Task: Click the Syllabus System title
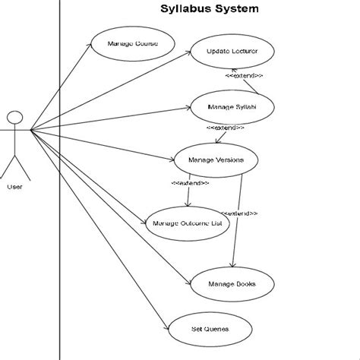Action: pyautogui.click(x=209, y=10)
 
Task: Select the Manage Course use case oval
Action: pyautogui.click(x=133, y=44)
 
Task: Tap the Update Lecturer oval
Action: pyautogui.click(x=232, y=52)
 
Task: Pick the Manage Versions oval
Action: pyautogui.click(x=216, y=160)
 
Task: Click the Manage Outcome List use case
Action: pyautogui.click(x=186, y=223)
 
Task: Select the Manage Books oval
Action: pyautogui.click(x=232, y=284)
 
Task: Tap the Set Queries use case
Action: pyautogui.click(x=209, y=330)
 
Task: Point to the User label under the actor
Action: pyautogui.click(x=14, y=186)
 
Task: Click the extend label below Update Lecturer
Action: pyautogui.click(x=245, y=76)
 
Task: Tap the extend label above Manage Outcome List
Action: pyautogui.click(x=190, y=183)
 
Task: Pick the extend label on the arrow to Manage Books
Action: pyautogui.click(x=240, y=214)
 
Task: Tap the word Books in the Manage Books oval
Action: pyautogui.click(x=245, y=284)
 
